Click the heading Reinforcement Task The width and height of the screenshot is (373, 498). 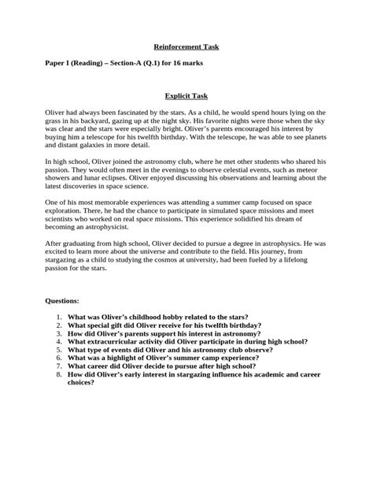pyautogui.click(x=186, y=46)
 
